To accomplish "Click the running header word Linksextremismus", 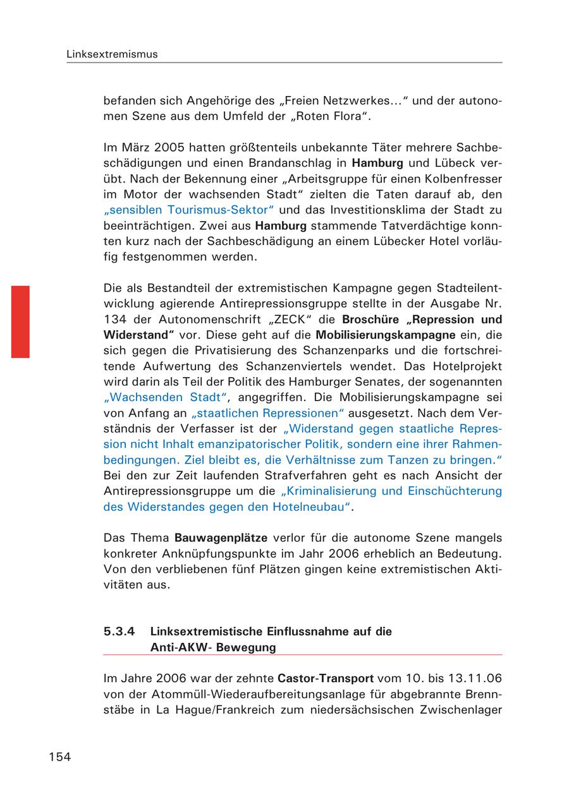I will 112,54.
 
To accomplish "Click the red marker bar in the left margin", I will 20,321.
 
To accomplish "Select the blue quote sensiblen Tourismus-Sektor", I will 189,210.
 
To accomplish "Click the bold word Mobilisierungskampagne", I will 386,335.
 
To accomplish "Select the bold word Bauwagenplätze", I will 221,538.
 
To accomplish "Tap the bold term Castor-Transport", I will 325,679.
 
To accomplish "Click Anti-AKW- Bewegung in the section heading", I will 213,647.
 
